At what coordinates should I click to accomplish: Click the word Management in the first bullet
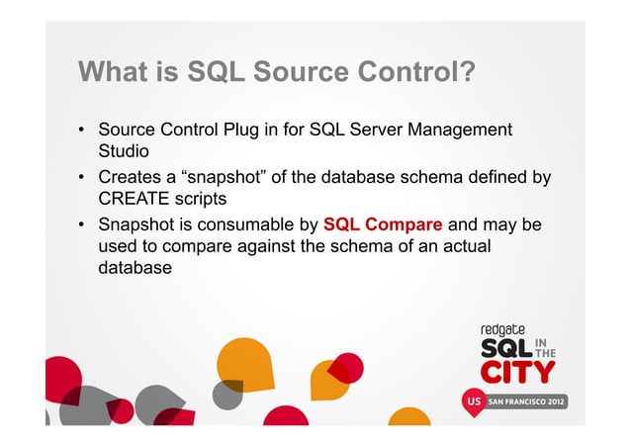tap(456, 131)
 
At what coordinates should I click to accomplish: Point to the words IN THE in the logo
tap(545, 350)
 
